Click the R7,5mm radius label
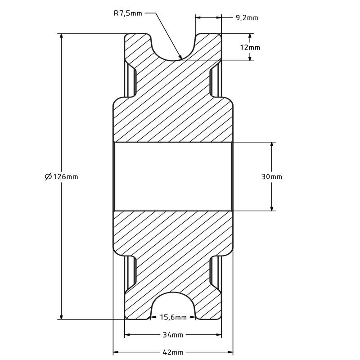127,13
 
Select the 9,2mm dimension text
247,18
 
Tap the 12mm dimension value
251,47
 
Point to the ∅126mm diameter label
62,176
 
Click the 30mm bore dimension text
271,176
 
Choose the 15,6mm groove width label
173,317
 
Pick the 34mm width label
173,335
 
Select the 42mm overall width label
173,352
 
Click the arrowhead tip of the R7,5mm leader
180,58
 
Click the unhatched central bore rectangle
173,176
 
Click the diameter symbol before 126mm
49,176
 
